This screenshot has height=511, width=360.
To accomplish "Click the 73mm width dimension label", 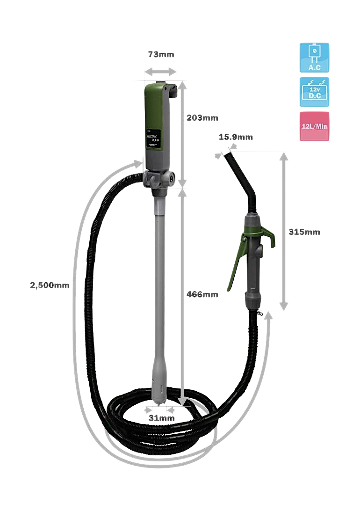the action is click(161, 55).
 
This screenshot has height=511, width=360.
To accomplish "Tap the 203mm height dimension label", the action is click(202, 118).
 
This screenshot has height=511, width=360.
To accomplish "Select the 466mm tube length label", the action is click(202, 295).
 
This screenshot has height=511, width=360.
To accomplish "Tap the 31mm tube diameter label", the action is click(162, 418).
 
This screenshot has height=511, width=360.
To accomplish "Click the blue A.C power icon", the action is click(314, 58).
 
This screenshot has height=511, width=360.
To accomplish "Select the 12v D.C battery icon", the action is click(314, 92).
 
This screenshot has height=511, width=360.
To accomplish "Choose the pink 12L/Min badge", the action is click(314, 126).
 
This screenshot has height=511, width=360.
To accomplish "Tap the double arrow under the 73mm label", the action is click(160, 72).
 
